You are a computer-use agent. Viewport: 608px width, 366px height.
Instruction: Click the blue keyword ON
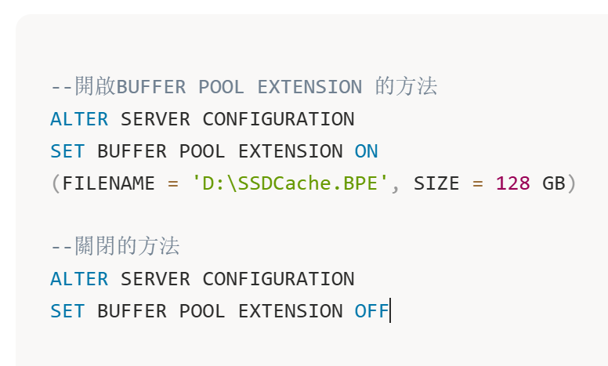coord(366,151)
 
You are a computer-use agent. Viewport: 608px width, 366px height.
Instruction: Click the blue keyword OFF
coord(371,311)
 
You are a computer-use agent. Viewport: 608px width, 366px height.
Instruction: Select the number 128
coord(512,183)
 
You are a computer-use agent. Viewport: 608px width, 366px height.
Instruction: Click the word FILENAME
coord(109,183)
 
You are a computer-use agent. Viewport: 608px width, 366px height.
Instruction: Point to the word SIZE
coord(436,183)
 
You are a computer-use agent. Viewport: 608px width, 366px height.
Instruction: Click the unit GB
coord(554,183)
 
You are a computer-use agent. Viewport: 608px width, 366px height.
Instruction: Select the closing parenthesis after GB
coord(572,183)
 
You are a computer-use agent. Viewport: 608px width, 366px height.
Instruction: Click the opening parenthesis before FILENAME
coord(56,183)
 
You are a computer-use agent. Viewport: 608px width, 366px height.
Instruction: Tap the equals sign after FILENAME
coord(173,183)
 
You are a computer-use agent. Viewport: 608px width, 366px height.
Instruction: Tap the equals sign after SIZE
coord(478,183)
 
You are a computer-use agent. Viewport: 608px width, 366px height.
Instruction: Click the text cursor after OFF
coord(390,310)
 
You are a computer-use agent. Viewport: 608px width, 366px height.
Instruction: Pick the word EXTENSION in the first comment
coord(310,87)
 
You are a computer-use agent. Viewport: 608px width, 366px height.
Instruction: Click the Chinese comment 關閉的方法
coord(127,246)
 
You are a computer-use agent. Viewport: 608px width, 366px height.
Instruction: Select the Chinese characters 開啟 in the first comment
coord(96,86)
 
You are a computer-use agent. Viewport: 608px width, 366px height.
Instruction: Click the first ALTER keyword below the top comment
coord(79,119)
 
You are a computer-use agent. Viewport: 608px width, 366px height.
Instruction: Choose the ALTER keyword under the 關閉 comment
coord(79,279)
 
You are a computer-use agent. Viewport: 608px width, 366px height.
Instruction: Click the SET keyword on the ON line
coord(67,151)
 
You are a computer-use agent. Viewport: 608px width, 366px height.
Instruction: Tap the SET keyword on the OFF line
coord(67,311)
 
